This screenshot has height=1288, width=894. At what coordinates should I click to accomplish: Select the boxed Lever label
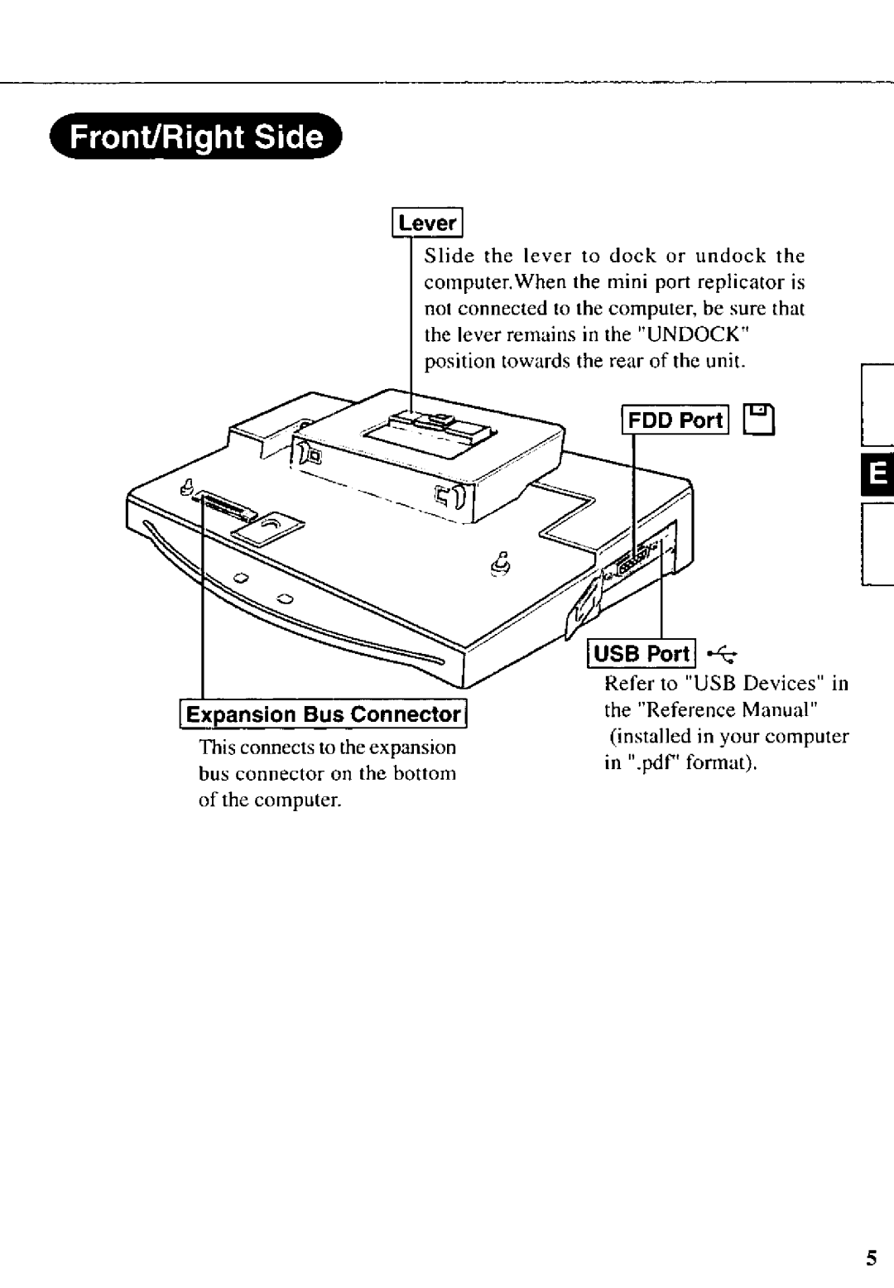click(427, 223)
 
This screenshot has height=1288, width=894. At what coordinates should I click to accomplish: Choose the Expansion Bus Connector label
click(323, 714)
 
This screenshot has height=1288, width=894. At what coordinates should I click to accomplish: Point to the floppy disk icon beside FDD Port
click(762, 421)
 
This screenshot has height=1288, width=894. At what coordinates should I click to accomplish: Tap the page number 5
click(871, 1259)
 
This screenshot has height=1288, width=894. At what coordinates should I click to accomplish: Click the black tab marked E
click(877, 475)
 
